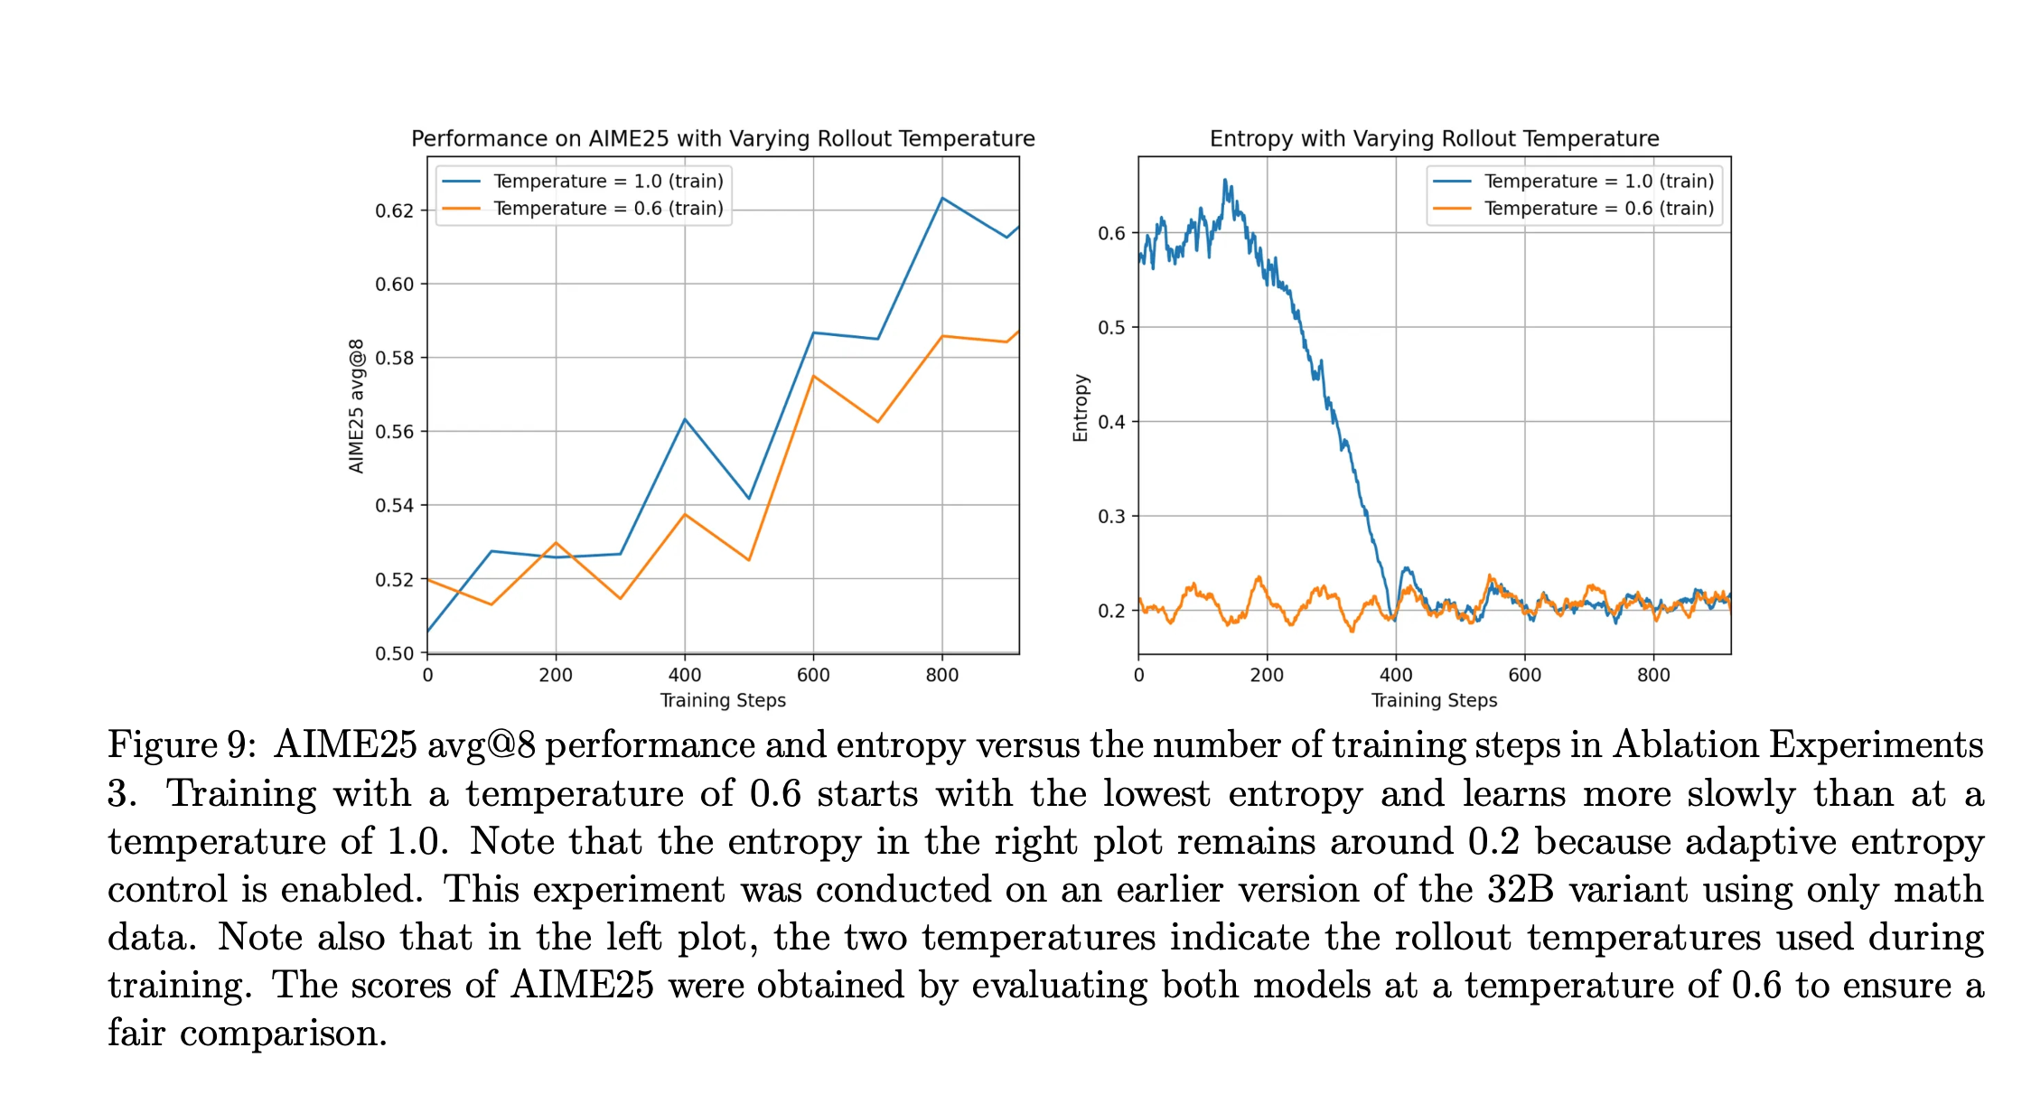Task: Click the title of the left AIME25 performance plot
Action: click(x=723, y=138)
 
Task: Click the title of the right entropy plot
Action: click(x=1434, y=138)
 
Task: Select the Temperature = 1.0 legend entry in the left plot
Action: click(x=608, y=181)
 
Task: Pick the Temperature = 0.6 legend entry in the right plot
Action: click(x=1598, y=209)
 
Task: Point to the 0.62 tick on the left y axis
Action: click(x=395, y=211)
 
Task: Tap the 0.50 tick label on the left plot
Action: click(x=395, y=653)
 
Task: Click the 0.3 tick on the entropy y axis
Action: click(x=1111, y=516)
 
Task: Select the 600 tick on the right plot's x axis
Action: click(x=1525, y=675)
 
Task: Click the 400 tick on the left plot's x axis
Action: click(x=685, y=675)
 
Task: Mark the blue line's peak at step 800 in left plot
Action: click(x=942, y=198)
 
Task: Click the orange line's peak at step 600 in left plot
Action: click(x=813, y=376)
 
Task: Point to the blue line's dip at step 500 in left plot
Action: click(x=749, y=498)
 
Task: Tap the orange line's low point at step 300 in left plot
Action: click(x=621, y=598)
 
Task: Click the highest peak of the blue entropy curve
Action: click(x=1225, y=180)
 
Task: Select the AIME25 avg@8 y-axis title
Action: click(x=357, y=406)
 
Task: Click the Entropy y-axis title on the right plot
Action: click(x=1080, y=407)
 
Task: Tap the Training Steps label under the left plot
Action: click(x=723, y=700)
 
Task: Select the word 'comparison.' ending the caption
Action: click(x=284, y=1033)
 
